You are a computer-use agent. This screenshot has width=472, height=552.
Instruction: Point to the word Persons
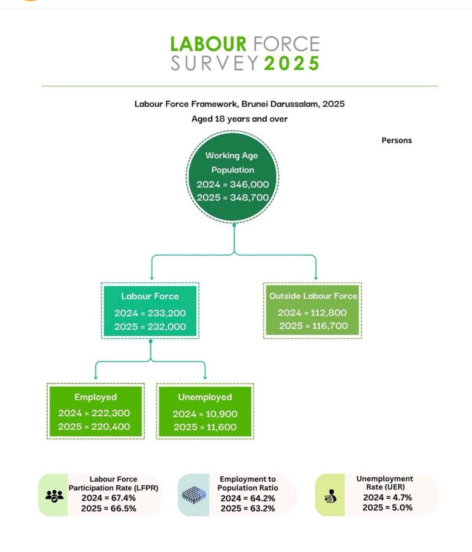point(397,140)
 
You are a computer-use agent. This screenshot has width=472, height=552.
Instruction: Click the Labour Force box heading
point(150,296)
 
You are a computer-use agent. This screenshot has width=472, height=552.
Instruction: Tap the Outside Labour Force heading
point(313,296)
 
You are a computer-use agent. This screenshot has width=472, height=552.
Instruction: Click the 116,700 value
point(330,326)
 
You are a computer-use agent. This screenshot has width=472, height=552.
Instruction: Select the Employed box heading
point(95,397)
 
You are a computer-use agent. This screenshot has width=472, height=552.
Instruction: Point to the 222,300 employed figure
point(111,413)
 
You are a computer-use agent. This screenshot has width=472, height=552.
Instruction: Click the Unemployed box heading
point(205,397)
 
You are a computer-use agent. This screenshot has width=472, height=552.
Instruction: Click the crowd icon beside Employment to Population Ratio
point(194,495)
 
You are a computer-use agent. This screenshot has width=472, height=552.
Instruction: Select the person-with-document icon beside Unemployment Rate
point(331,496)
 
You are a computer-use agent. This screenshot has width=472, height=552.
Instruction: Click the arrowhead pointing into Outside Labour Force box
point(316,278)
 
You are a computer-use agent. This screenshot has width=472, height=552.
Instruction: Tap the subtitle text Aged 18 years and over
point(239,119)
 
